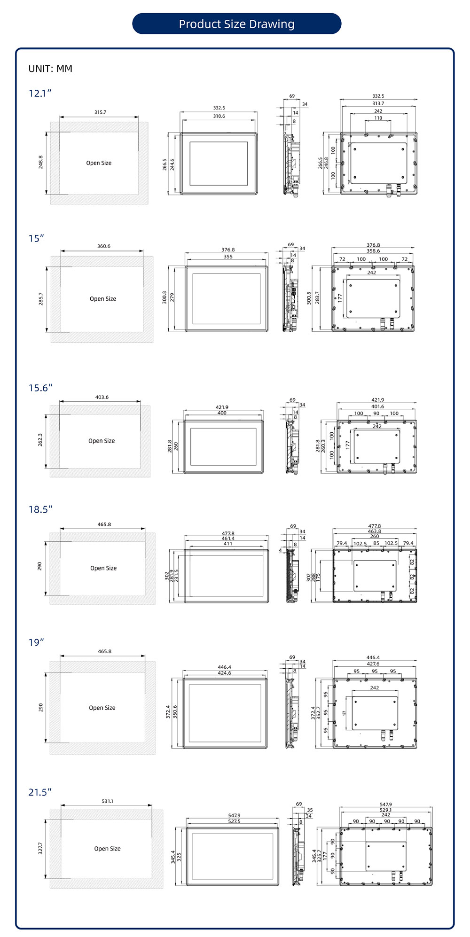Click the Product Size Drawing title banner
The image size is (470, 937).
(236, 24)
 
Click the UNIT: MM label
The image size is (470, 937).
(50, 69)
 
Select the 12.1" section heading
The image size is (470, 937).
(40, 93)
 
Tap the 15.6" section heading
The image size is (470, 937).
(40, 388)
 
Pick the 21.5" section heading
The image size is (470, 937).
(40, 792)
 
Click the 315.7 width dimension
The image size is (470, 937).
(100, 112)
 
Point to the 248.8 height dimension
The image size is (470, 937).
(41, 162)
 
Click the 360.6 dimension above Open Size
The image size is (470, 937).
(104, 246)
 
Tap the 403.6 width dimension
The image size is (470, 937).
(102, 397)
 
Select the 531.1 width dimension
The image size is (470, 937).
(107, 801)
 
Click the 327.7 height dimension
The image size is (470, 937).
(40, 848)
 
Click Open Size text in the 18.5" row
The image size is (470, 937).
(103, 568)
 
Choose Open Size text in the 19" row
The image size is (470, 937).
(102, 708)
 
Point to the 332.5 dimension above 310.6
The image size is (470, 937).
(219, 108)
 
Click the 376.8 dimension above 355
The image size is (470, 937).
(228, 250)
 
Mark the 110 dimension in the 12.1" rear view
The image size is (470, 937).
(378, 118)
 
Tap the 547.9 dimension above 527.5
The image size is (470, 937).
(234, 815)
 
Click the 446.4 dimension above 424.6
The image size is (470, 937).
(224, 667)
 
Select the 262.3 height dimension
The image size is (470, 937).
(40, 440)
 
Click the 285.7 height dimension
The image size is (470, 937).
(41, 299)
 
